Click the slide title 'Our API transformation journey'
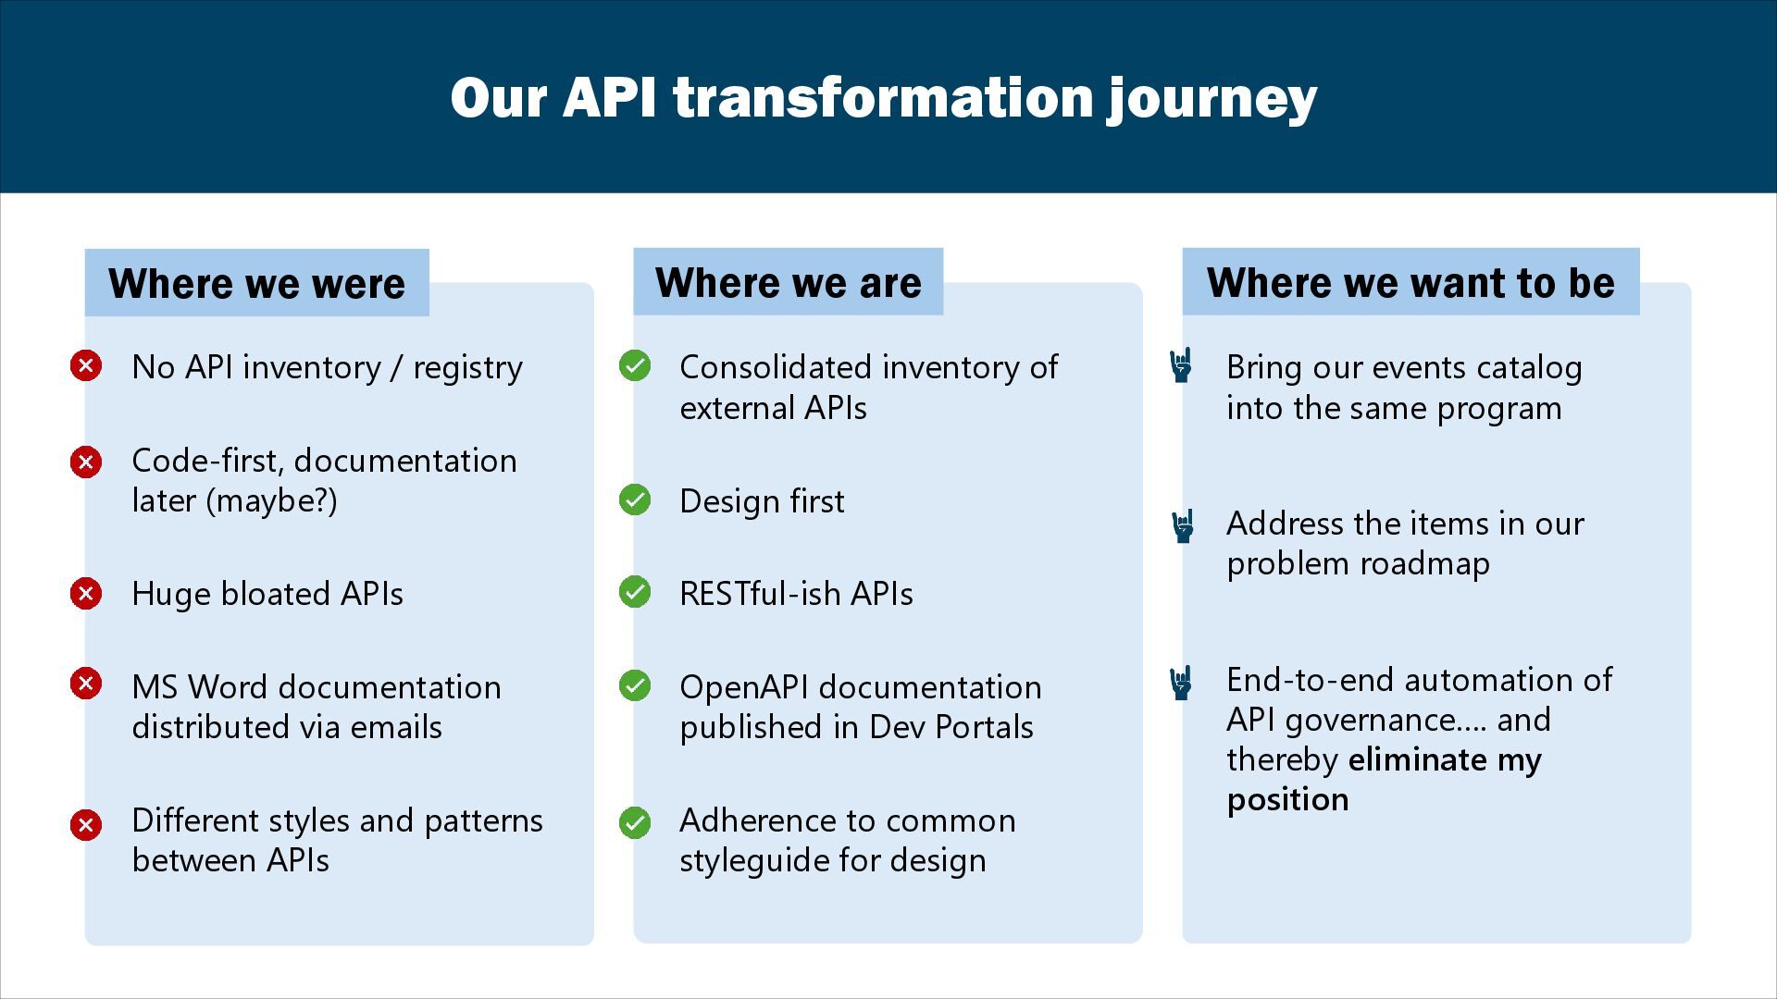coord(883,97)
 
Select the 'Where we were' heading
coord(256,283)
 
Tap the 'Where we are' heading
coord(788,282)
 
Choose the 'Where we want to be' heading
coord(1410,282)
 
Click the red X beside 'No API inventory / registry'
coord(86,365)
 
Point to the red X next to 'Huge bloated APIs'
coord(86,592)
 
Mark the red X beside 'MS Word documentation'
coord(86,684)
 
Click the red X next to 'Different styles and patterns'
coord(86,824)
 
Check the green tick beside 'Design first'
coord(635,499)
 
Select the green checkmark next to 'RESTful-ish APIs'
coord(635,592)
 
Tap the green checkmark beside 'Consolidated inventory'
coord(635,365)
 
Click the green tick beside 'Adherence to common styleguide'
coord(635,822)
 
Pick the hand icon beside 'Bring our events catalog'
coord(1181,365)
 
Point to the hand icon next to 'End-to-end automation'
coord(1181,683)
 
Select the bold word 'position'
coord(1287,799)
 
